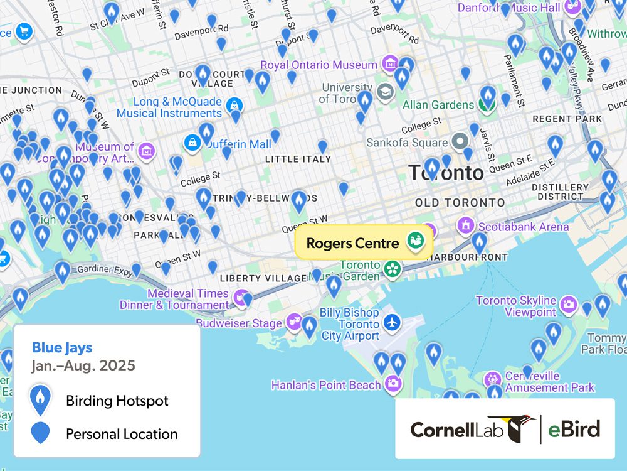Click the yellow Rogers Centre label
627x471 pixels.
click(x=352, y=243)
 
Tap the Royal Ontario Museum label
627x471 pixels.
click(x=319, y=65)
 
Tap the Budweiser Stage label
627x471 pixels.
click(x=239, y=323)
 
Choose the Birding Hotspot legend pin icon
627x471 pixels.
click(x=41, y=399)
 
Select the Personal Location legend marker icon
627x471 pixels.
click(x=41, y=433)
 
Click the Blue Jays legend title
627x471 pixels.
click(x=62, y=348)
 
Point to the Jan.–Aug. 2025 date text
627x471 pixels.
click(x=83, y=365)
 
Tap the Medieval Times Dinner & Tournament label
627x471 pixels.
click(x=188, y=299)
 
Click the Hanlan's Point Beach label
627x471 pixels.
click(x=325, y=385)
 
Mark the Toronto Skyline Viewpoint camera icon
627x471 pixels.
click(x=569, y=305)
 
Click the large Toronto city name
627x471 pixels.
click(x=446, y=173)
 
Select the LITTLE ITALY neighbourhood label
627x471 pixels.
click(x=298, y=160)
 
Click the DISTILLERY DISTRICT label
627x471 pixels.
click(x=560, y=192)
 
